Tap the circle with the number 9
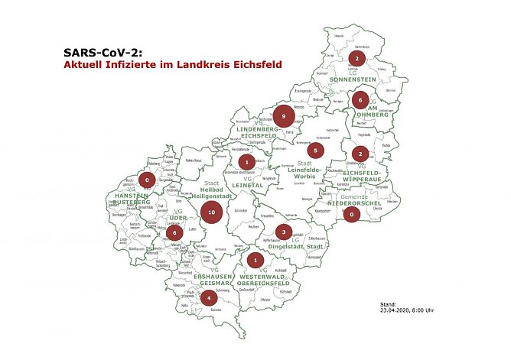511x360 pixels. coord(283,115)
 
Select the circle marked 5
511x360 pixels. coord(315,151)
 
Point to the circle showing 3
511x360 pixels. coord(283,232)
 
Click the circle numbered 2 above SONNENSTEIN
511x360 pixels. coord(356,58)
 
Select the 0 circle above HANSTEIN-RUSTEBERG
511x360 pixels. coord(149,180)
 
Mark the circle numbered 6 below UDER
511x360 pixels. coord(174,232)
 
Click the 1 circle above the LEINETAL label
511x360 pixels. coord(246,162)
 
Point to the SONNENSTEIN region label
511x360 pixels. coord(356,79)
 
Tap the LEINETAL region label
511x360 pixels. coord(247,184)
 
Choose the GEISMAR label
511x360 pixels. coord(212,282)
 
